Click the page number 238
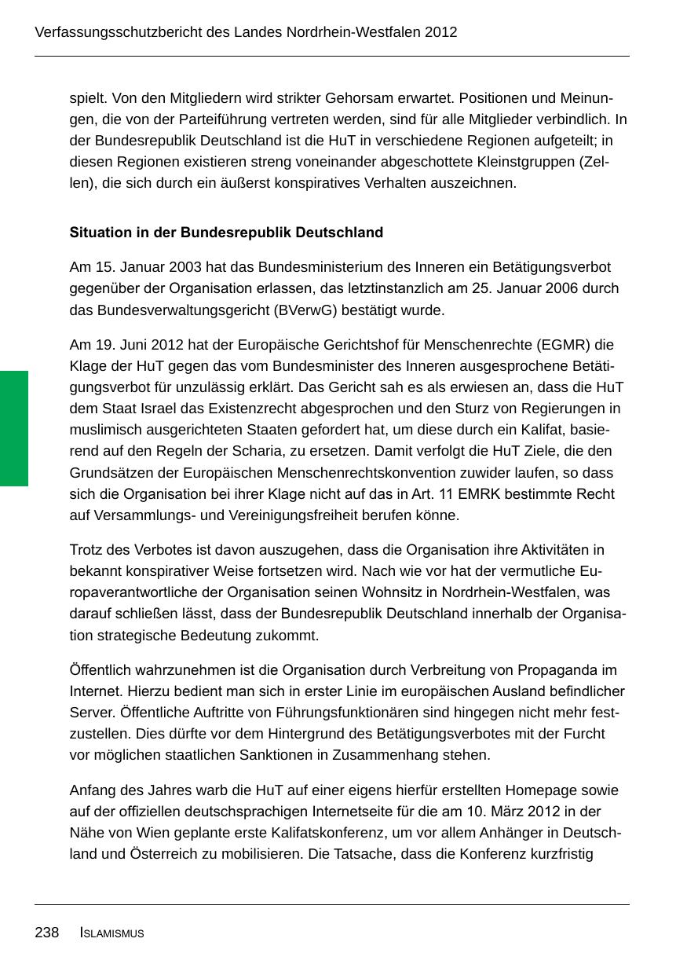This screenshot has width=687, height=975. [x=46, y=933]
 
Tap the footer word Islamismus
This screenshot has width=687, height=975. [x=112, y=933]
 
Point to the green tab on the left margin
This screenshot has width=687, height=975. [x=14, y=428]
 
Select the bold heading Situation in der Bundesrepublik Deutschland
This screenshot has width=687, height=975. [x=226, y=233]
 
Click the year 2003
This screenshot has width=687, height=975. [x=186, y=267]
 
